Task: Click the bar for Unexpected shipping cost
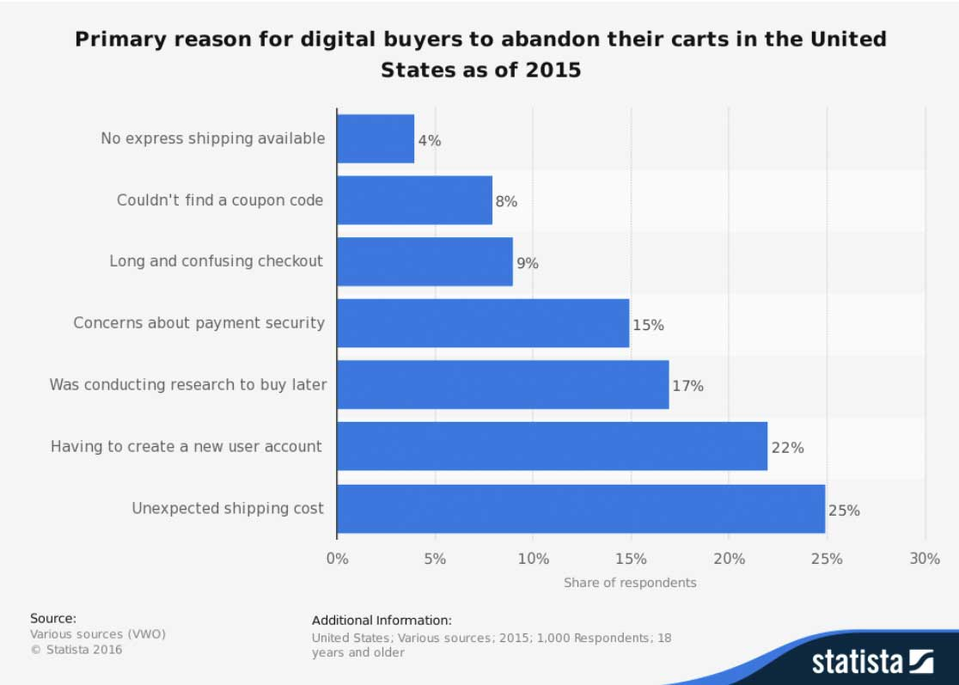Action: [x=581, y=509]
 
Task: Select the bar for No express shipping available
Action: [x=376, y=139]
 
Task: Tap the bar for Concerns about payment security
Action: [x=483, y=323]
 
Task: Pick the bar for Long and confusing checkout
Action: [x=425, y=262]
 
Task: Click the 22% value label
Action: [x=787, y=448]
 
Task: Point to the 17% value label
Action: [x=687, y=386]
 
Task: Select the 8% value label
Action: [x=506, y=202]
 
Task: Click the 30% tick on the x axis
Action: [x=925, y=559]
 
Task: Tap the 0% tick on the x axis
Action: [x=338, y=559]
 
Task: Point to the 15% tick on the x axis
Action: [x=631, y=559]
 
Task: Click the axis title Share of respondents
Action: [x=630, y=583]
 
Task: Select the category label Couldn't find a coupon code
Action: [x=220, y=200]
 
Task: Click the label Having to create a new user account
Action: [x=186, y=446]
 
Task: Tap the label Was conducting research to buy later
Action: [x=188, y=384]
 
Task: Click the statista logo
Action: [x=872, y=661]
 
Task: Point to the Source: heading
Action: [x=53, y=618]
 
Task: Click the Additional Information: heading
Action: [x=382, y=620]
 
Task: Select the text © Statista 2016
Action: [x=76, y=650]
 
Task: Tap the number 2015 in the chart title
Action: [x=553, y=70]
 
